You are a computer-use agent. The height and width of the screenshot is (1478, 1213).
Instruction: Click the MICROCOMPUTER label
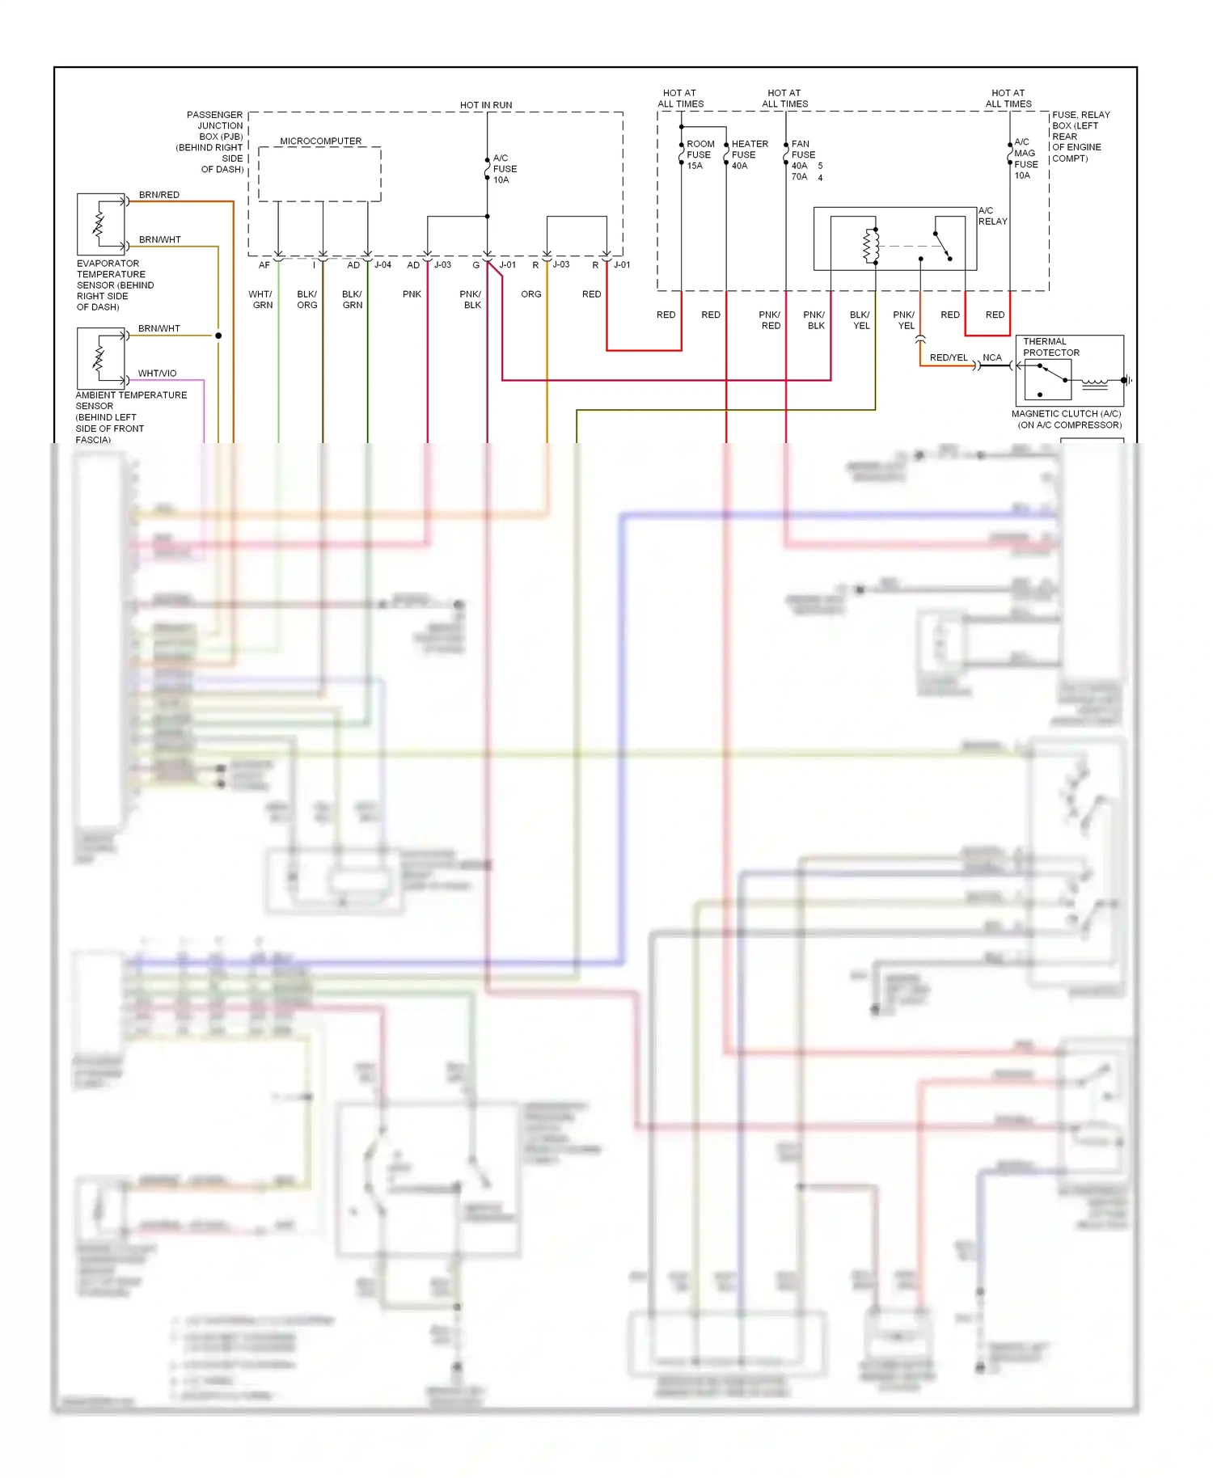coord(320,141)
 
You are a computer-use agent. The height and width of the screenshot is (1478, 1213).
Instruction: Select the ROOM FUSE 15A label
coord(699,154)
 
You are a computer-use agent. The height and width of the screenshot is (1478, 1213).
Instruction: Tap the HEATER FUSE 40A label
coord(749,154)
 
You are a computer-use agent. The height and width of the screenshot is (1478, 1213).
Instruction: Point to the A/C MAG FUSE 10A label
coord(1025,158)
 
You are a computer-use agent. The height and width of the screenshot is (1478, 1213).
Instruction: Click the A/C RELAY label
coord(992,216)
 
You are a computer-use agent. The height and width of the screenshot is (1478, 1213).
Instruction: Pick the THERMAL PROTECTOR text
coord(1050,347)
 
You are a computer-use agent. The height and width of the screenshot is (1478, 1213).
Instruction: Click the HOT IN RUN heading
coord(485,105)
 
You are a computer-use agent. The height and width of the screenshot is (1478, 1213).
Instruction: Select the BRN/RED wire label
coord(158,195)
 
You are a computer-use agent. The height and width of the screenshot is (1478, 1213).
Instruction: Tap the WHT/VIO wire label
coord(157,374)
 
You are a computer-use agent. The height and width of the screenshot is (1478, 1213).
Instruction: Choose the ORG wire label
coord(530,294)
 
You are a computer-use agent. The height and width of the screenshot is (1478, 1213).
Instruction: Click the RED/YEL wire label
coord(948,357)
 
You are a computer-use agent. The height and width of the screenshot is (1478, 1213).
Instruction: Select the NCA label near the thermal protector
coord(991,357)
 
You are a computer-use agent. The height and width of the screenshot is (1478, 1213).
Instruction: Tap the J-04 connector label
coord(382,265)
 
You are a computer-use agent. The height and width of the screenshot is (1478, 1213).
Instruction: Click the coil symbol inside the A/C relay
coord(871,246)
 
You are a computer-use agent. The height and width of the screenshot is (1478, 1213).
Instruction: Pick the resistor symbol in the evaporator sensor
coord(99,224)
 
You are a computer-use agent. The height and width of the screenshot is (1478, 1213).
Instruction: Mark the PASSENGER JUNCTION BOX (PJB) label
coord(213,142)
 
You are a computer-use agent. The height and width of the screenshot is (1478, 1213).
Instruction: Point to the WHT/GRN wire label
coord(261,300)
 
